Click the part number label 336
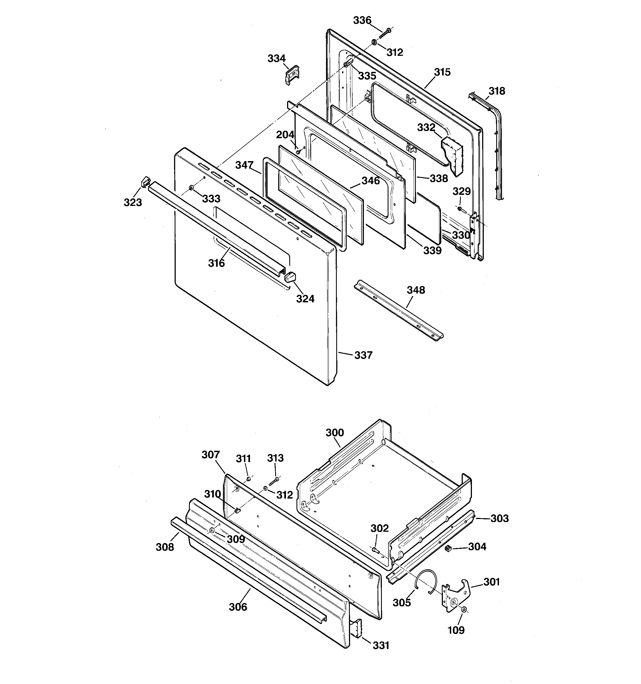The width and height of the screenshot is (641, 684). pos(362,21)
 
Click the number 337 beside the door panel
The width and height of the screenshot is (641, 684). pos(363,355)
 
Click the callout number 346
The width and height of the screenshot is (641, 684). pos(371,181)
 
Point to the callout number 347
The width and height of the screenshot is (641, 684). pos(244,165)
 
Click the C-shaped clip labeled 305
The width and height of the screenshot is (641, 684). pos(427,582)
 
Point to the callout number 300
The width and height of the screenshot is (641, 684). pos(335,433)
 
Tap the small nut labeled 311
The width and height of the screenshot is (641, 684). pos(249,479)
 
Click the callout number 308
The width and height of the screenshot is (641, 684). pos(165,547)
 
